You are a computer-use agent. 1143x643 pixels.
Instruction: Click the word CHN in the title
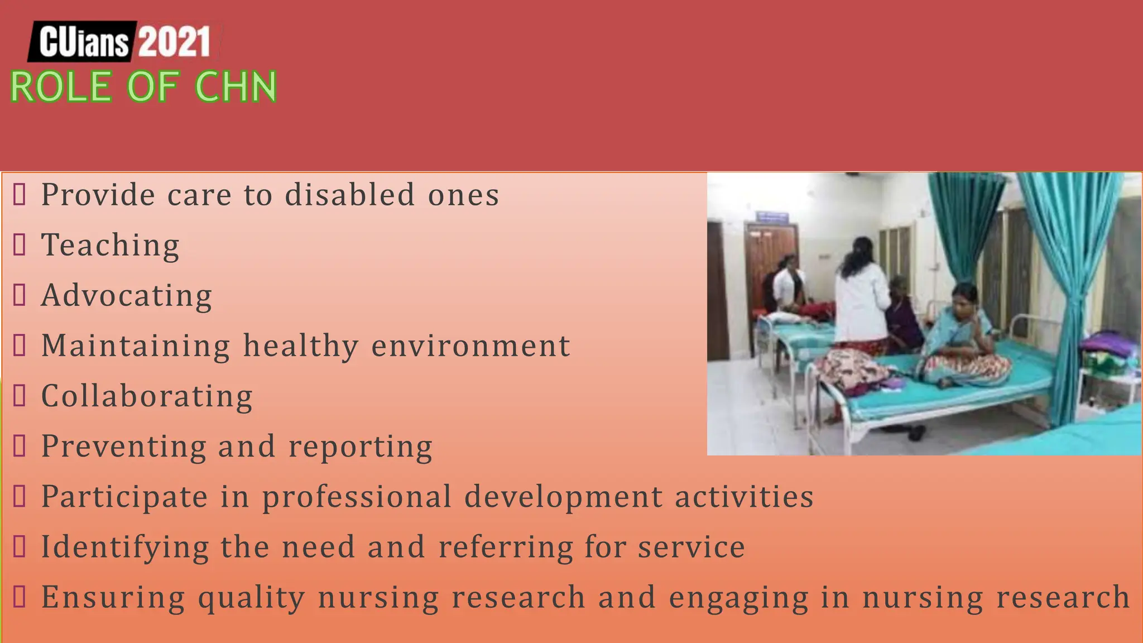tap(236, 87)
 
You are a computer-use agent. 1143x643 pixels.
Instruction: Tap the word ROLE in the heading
tap(60, 87)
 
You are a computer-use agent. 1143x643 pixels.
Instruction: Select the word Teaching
tap(111, 246)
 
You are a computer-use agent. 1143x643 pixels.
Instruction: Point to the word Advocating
tap(127, 296)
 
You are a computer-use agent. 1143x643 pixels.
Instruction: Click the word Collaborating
tap(147, 396)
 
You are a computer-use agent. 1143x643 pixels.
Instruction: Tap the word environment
tap(470, 346)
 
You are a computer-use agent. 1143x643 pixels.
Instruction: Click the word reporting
tap(360, 447)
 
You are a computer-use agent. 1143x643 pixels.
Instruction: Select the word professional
tap(357, 497)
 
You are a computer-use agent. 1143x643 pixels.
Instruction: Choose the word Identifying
tap(125, 548)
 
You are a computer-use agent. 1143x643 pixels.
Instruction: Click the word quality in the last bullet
tap(251, 598)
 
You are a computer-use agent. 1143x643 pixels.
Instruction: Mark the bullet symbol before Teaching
tap(20, 245)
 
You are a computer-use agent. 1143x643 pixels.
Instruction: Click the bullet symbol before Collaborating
tap(20, 396)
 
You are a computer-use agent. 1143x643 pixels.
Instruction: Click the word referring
tap(505, 547)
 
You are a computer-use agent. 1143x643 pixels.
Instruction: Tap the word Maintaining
tap(136, 346)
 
